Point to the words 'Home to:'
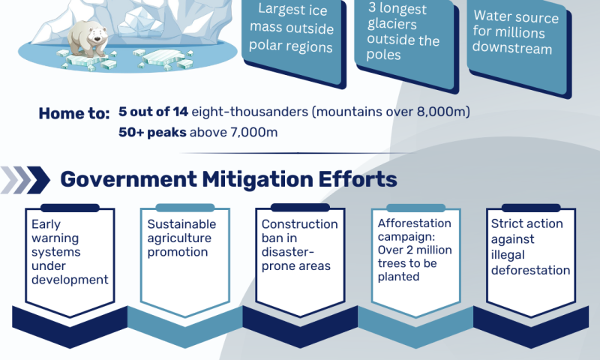click(74, 113)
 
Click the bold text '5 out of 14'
click(153, 112)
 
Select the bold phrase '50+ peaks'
click(152, 132)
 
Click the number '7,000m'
click(253, 132)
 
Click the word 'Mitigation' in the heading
click(257, 180)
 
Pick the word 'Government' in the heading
click(127, 179)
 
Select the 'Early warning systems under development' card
click(70, 261)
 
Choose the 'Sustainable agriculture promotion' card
click(185, 261)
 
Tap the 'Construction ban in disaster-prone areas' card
click(301, 261)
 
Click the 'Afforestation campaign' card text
click(415, 250)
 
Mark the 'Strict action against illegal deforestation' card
click(531, 261)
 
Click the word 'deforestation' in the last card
click(531, 271)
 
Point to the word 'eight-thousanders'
click(250, 112)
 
